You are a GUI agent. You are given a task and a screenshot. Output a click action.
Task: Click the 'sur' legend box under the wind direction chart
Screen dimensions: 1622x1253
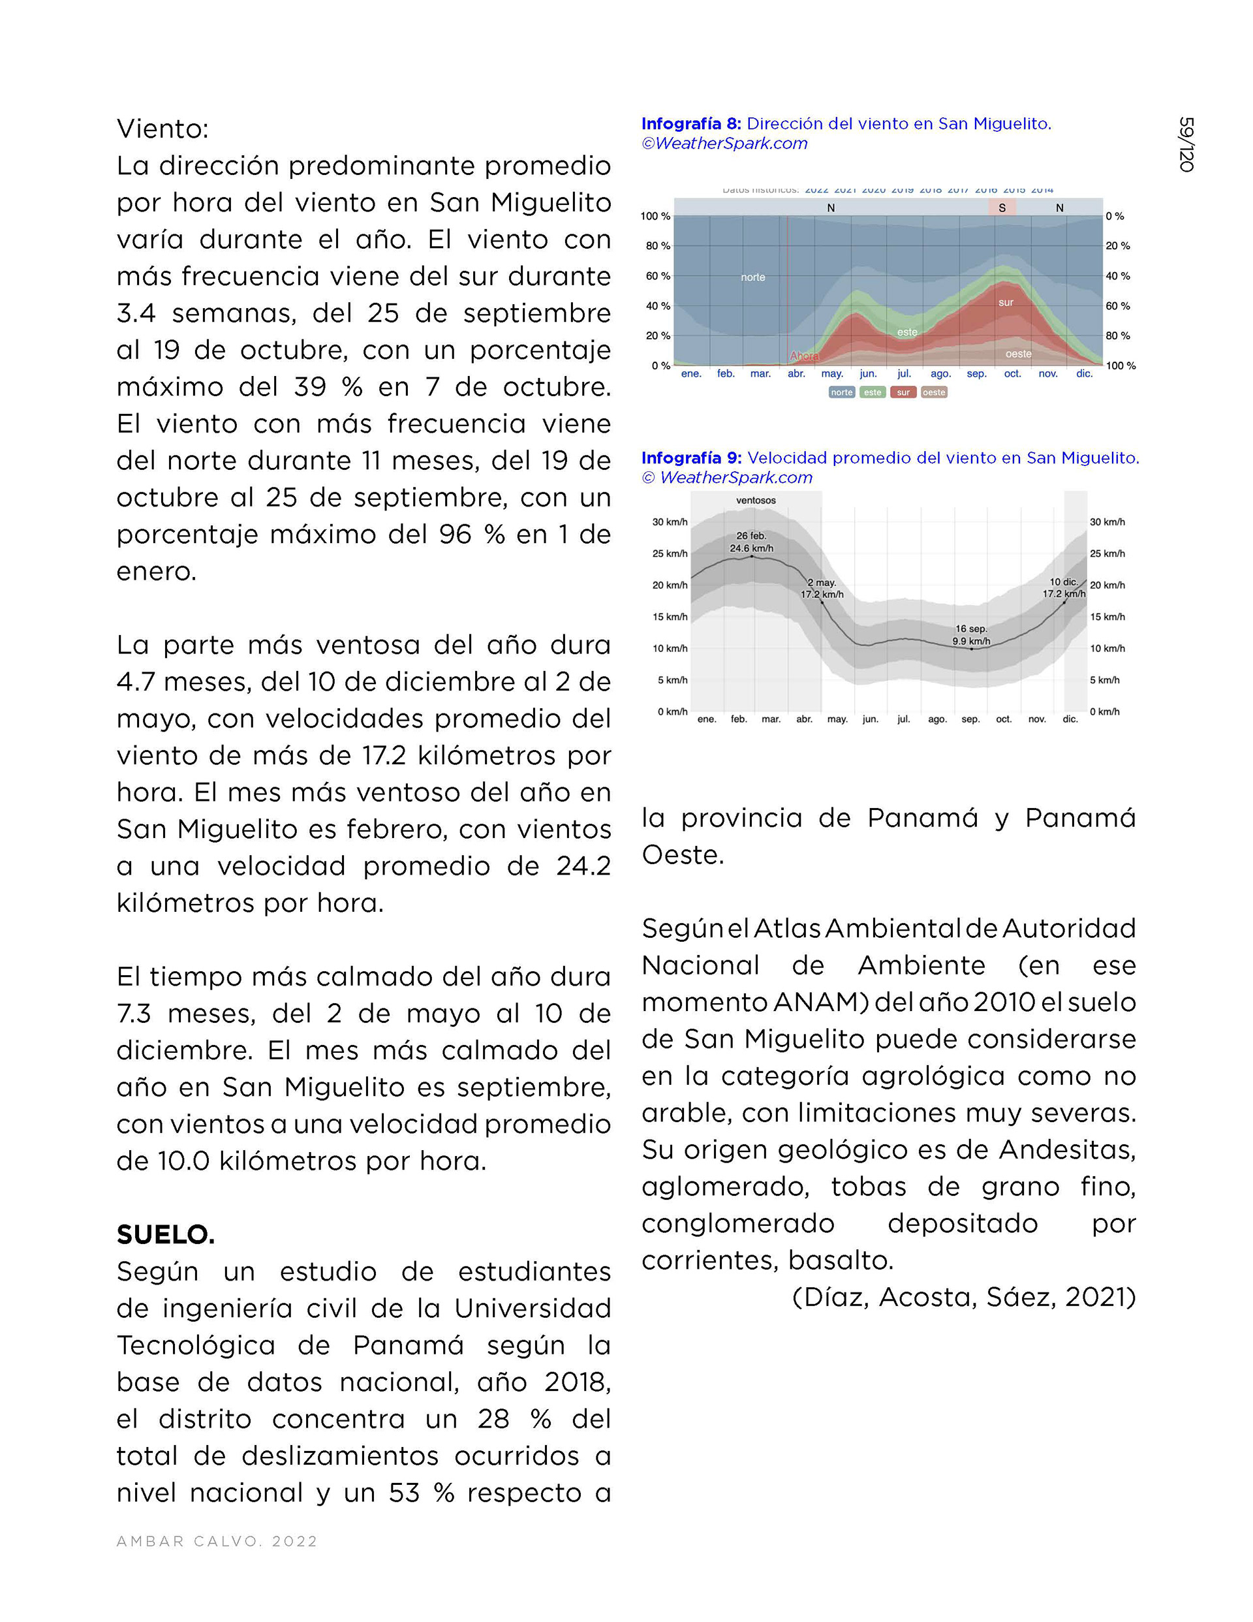click(x=903, y=392)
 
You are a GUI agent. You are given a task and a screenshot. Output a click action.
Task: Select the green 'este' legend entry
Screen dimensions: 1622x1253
click(x=872, y=392)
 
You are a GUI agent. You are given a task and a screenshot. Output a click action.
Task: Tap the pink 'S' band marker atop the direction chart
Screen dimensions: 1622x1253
click(x=1002, y=207)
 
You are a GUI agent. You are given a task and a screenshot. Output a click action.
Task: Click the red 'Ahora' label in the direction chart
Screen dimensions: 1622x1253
click(x=803, y=356)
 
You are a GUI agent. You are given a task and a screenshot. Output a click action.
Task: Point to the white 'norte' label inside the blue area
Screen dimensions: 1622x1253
click(x=752, y=277)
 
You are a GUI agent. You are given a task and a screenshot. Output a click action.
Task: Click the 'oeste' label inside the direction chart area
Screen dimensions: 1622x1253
click(x=1017, y=354)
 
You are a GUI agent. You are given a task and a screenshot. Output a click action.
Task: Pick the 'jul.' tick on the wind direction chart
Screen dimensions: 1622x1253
click(x=904, y=373)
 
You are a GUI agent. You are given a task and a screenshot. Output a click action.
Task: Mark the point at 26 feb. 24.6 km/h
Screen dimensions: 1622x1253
click(x=752, y=556)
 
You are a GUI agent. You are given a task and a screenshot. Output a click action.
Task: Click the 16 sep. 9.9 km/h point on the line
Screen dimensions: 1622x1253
click(x=972, y=649)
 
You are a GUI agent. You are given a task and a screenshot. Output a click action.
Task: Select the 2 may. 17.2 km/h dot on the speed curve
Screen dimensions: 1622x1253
click(x=822, y=602)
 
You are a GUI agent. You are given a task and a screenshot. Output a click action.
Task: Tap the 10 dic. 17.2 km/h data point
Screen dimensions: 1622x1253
click(x=1064, y=602)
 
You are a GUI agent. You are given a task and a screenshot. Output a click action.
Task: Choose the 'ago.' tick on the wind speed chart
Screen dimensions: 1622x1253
click(x=936, y=719)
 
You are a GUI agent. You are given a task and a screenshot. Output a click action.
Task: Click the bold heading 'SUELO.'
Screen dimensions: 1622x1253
click(x=166, y=1234)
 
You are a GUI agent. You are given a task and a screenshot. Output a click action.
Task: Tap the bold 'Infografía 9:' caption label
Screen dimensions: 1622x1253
click(x=690, y=458)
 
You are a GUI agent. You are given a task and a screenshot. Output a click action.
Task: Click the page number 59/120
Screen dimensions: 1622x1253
click(x=1186, y=144)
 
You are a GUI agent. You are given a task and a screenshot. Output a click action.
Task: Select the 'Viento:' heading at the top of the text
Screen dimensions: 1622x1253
click(x=162, y=129)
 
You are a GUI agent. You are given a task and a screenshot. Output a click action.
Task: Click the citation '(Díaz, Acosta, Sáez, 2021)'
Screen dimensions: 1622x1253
click(x=963, y=1297)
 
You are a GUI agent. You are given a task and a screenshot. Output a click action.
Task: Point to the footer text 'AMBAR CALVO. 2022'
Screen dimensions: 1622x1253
click(x=217, y=1541)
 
